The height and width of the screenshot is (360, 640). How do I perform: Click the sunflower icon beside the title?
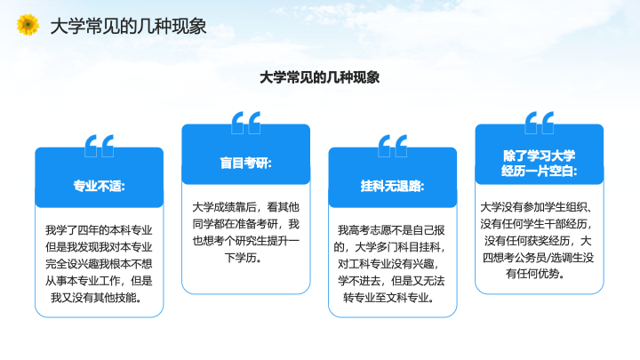[28, 25]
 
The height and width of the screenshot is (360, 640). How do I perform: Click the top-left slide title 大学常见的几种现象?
[128, 27]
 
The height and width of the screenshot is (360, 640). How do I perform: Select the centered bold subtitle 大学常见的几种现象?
[320, 77]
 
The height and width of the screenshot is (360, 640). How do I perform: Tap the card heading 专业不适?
[100, 186]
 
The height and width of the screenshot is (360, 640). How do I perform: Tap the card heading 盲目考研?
[245, 163]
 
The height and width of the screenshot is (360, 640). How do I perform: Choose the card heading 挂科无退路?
[392, 186]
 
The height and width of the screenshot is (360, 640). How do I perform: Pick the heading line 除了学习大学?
[540, 156]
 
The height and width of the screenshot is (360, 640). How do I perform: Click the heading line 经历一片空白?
[540, 171]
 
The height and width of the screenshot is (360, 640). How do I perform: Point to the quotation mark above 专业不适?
[100, 146]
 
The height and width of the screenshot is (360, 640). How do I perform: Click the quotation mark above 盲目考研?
[245, 123]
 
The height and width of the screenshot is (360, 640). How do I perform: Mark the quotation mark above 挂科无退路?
[392, 146]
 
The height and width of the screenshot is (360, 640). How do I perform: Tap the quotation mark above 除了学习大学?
[540, 123]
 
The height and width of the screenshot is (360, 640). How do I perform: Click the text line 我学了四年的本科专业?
[99, 230]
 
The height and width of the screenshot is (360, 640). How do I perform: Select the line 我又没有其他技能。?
[97, 298]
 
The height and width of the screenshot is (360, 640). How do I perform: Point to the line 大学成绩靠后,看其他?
[245, 207]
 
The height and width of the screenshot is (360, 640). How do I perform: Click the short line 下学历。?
[244, 258]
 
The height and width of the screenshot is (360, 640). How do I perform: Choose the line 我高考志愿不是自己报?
[391, 230]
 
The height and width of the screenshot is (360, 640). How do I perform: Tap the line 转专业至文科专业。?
[389, 298]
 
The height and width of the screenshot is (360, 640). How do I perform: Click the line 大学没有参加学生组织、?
[536, 207]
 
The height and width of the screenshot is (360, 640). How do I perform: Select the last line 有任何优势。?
[535, 274]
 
